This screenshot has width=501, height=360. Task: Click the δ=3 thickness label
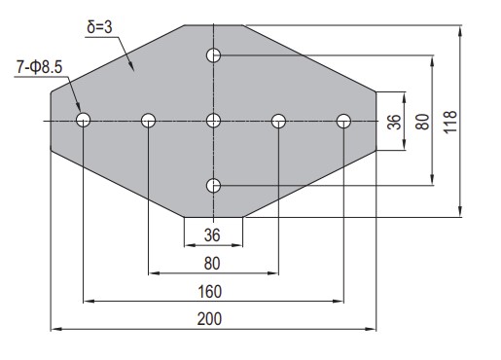(x=99, y=27)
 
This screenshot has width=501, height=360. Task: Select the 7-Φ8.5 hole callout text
(x=39, y=68)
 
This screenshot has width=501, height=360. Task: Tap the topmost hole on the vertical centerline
(x=213, y=55)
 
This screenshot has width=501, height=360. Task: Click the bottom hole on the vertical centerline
(x=213, y=186)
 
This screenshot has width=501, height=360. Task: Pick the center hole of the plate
(x=213, y=121)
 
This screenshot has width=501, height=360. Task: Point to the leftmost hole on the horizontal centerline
(x=83, y=120)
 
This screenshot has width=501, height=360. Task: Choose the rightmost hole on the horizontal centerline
(x=343, y=121)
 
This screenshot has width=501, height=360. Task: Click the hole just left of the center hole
(x=148, y=121)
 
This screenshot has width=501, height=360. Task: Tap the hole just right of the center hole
(x=278, y=121)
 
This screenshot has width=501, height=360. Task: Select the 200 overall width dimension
(x=209, y=319)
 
